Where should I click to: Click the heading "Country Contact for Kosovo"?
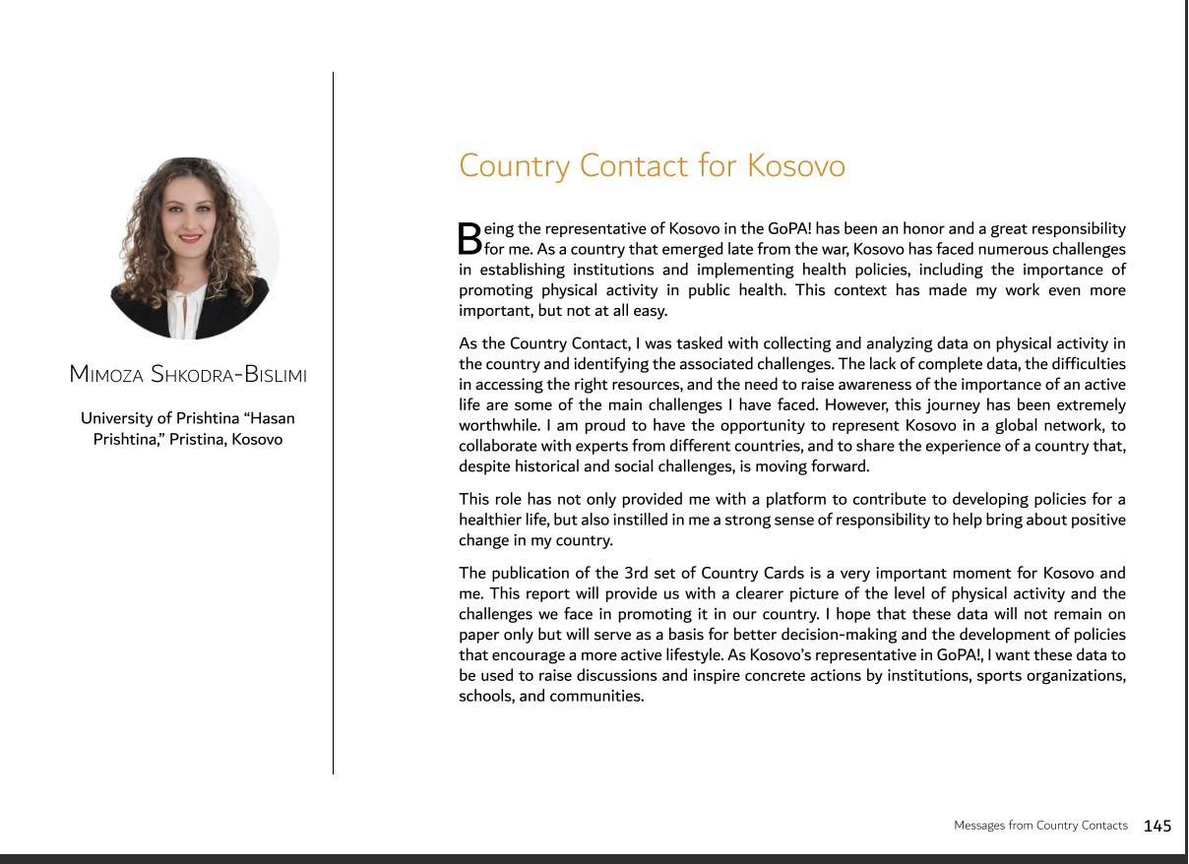652,164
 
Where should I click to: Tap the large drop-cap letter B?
470,238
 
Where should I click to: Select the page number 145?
1158,826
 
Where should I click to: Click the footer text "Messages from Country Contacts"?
1040,826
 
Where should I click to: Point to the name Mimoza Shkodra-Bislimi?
188,375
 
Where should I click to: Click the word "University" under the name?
125,418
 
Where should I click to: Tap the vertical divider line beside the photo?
333,423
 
